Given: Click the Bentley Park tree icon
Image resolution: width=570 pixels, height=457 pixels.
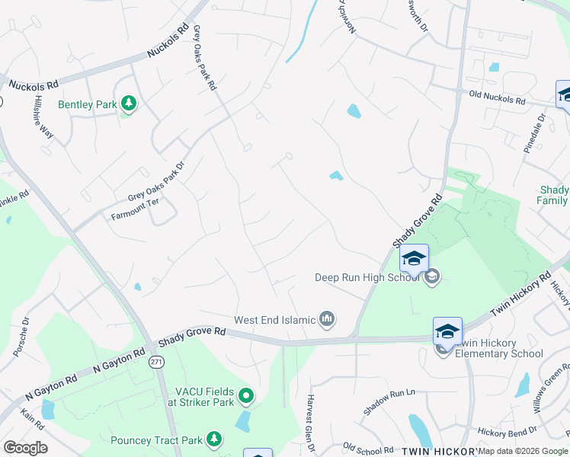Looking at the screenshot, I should pos(129,103).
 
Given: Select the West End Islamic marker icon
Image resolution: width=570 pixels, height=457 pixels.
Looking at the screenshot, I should pos(327,318).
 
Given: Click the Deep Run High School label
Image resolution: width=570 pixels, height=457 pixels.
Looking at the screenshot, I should pos(367,277).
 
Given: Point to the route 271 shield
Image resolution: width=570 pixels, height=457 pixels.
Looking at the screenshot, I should pos(156,360).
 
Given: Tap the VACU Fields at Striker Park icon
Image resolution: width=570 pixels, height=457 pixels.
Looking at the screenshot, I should pos(246,395).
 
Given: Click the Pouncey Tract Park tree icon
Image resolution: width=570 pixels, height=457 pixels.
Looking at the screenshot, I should pos(216,439).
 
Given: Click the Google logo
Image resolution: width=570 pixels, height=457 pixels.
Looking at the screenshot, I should pos(25,448).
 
